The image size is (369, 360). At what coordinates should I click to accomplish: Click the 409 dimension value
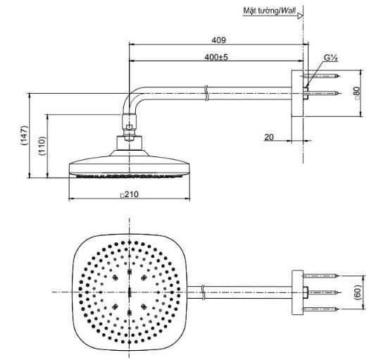218,39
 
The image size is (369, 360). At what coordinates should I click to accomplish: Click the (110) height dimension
43,145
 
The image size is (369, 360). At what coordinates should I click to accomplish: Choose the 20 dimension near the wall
269,137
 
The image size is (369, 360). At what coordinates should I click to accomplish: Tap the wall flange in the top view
299,291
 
